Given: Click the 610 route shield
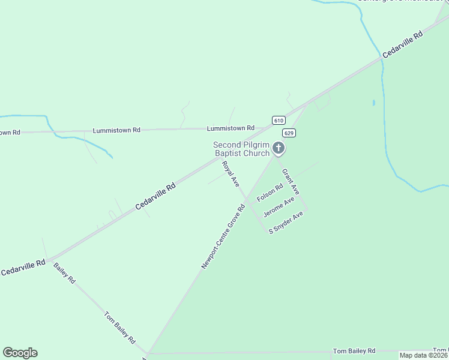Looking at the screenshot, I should click(x=278, y=120).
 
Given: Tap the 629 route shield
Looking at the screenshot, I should click(x=289, y=133).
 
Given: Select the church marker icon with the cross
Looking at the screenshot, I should click(x=278, y=148).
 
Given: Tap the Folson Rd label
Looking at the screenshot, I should click(x=270, y=193).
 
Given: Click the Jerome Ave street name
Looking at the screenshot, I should click(x=279, y=207).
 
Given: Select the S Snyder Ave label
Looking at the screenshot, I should click(x=286, y=222).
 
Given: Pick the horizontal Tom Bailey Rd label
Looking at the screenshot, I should click(x=354, y=350).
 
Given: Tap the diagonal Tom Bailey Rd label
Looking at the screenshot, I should click(x=119, y=327).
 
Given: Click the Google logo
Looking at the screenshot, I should click(x=20, y=353).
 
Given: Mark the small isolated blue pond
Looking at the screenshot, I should click(x=373, y=103).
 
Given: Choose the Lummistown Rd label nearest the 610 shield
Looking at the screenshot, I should click(x=231, y=128).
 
